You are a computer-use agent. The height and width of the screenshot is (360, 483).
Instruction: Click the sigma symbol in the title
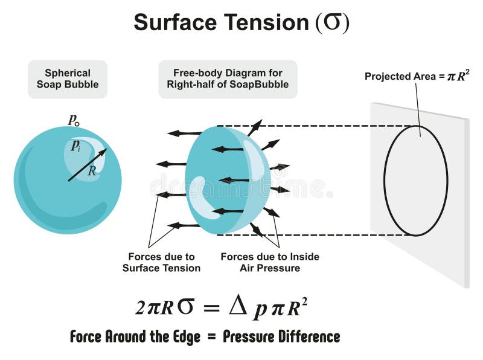333,23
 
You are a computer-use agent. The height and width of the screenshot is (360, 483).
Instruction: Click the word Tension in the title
266,22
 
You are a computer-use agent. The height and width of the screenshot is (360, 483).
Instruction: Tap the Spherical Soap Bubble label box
68,79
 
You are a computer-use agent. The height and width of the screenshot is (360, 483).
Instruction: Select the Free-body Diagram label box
228,79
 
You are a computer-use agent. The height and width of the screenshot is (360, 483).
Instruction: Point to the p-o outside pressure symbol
74,120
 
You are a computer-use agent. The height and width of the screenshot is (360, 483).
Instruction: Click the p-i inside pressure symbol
76,146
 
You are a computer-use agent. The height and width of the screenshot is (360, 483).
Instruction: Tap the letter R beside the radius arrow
92,170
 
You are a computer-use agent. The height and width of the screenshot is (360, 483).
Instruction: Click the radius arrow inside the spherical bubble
88,164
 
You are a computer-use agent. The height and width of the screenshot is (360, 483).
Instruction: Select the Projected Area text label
417,76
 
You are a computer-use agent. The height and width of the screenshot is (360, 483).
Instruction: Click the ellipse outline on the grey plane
385,181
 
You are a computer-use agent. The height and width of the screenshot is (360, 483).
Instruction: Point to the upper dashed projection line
314,126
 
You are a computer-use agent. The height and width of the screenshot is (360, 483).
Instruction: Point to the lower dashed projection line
314,235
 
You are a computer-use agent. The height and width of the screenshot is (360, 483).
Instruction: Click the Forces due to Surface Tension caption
161,262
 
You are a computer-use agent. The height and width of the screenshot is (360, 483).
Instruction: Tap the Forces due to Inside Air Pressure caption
270,262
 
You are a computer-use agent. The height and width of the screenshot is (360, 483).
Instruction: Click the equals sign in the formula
212,308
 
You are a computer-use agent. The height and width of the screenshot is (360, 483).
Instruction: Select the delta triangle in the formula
238,306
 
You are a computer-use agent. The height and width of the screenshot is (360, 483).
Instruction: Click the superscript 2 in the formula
304,302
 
